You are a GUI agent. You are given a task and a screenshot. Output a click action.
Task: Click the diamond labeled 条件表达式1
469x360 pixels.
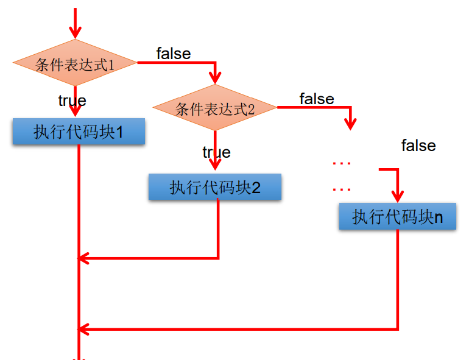point(76,63)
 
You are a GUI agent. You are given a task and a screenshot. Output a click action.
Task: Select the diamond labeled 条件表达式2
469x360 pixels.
point(215,108)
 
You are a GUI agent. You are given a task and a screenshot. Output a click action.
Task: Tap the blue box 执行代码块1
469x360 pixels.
point(79,132)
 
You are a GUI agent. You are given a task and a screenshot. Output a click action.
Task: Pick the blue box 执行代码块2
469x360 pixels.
point(214,187)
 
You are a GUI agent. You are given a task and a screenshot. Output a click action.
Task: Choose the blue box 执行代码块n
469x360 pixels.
point(397,217)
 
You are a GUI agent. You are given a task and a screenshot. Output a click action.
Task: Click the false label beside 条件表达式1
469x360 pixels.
point(173,54)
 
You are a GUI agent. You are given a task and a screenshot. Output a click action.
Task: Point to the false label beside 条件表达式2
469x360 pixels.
point(317,99)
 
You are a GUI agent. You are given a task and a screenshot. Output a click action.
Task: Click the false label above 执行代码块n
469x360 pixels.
point(418,146)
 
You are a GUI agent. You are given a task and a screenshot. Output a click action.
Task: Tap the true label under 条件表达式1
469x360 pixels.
point(72,101)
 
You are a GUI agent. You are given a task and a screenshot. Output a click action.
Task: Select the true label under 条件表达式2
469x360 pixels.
point(216,152)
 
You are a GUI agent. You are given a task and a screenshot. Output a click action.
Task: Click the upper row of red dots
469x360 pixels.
point(342,163)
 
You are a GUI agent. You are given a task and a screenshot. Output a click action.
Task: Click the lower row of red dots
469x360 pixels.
point(342,189)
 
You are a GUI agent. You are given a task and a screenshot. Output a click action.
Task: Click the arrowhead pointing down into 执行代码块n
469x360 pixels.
point(397,197)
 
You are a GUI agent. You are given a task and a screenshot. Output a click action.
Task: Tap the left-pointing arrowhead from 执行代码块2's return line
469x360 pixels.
point(84,258)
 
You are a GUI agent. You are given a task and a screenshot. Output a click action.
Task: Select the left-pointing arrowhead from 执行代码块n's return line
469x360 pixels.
point(84,329)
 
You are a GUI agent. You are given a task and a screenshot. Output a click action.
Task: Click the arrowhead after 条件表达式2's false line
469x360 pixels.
point(350,124)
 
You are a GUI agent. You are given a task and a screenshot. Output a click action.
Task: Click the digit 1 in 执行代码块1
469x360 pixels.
point(119,132)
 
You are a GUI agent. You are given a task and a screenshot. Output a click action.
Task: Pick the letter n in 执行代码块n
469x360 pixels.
point(439,217)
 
